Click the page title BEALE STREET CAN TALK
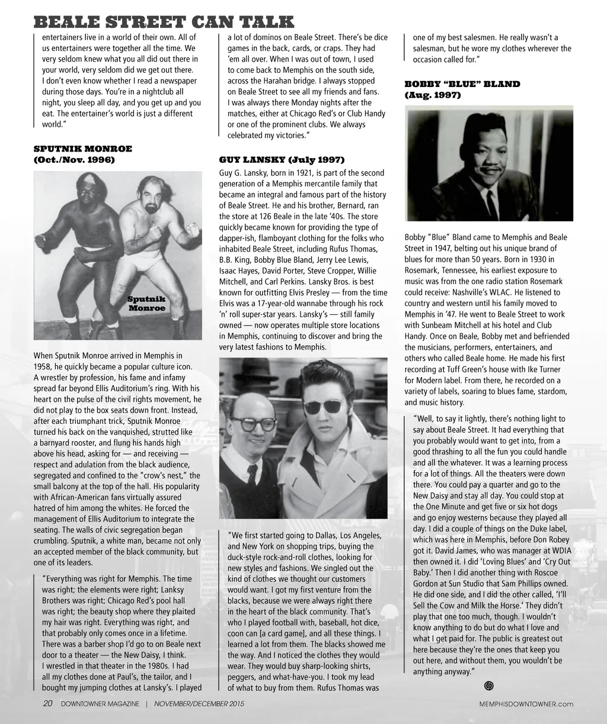(164, 22)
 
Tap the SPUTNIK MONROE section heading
(83, 149)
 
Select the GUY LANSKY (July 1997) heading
(282, 160)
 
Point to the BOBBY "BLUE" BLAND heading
(462, 84)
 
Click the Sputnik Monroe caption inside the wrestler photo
(146, 304)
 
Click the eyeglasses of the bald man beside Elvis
(254, 424)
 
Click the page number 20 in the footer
(48, 703)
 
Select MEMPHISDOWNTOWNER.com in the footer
(526, 704)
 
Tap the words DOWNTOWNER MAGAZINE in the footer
(100, 704)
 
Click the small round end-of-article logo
(489, 686)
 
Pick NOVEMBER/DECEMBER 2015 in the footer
(199, 704)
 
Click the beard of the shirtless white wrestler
(152, 210)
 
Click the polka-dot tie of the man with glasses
(252, 474)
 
